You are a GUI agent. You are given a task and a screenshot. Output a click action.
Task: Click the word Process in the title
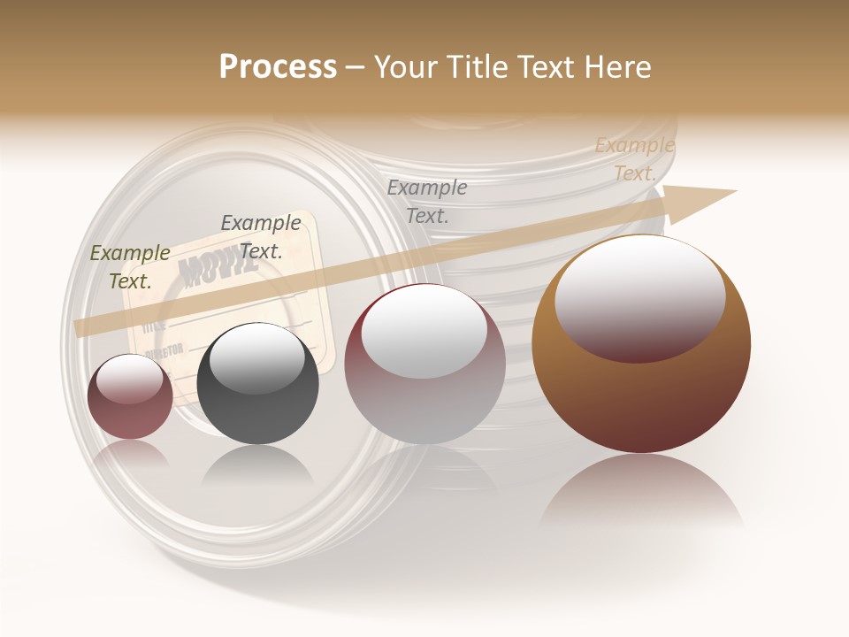tap(278, 67)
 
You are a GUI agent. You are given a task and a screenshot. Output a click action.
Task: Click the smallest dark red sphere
tap(130, 396)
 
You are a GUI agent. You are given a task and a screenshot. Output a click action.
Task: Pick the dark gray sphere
tap(257, 384)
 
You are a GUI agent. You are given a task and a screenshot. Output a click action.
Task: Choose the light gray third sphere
tap(424, 365)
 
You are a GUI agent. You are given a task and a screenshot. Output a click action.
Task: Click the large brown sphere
tap(641, 344)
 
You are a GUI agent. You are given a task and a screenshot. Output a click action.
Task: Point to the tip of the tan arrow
tap(734, 191)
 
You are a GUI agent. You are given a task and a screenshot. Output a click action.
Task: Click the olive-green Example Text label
tap(130, 267)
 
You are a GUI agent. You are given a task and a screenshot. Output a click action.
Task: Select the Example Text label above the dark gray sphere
tap(260, 237)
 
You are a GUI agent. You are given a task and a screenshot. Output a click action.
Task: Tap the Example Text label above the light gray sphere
tap(426, 201)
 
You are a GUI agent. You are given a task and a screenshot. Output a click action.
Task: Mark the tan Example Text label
tap(634, 159)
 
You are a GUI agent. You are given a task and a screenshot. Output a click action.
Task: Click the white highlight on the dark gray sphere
tap(256, 357)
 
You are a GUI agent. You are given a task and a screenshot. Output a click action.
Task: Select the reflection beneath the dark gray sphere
tap(257, 464)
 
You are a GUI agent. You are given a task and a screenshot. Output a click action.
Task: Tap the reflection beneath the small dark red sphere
tap(130, 453)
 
